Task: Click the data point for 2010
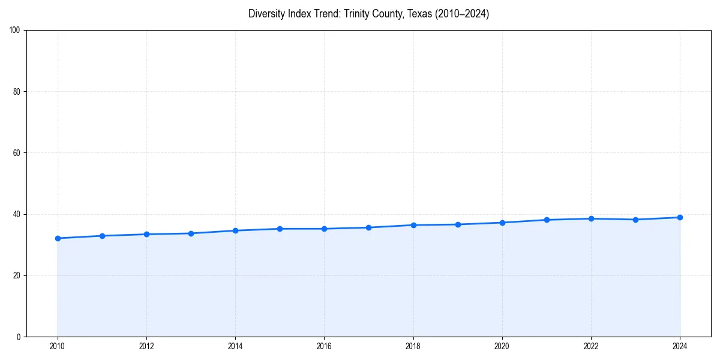[58, 238]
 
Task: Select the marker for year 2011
[102, 236]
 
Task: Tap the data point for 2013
[191, 233]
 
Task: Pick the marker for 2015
[280, 229]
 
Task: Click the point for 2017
[368, 227]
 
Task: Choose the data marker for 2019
[458, 224]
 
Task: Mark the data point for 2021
[547, 220]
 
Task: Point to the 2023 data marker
[635, 220]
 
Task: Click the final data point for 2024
[680, 217]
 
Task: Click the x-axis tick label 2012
[146, 346]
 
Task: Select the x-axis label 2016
[324, 346]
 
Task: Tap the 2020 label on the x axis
[502, 346]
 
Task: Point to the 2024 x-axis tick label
[680, 346]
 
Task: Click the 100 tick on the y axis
[15, 31]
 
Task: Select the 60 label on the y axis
[17, 153]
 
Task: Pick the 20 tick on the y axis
[17, 275]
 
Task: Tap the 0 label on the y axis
[19, 337]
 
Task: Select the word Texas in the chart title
[419, 14]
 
